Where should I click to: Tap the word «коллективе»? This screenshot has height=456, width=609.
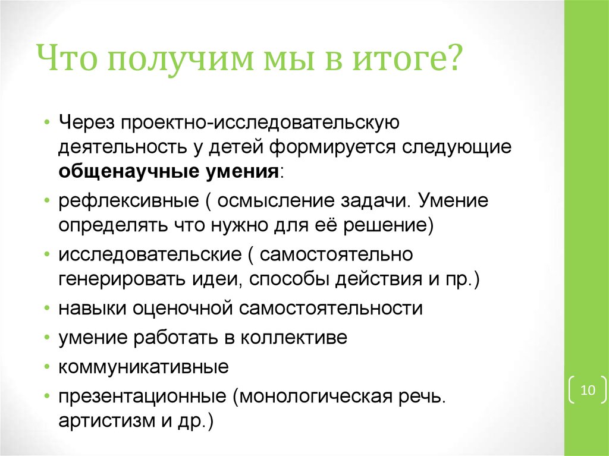click(x=294, y=338)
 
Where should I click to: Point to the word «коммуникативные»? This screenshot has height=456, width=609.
click(x=143, y=367)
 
